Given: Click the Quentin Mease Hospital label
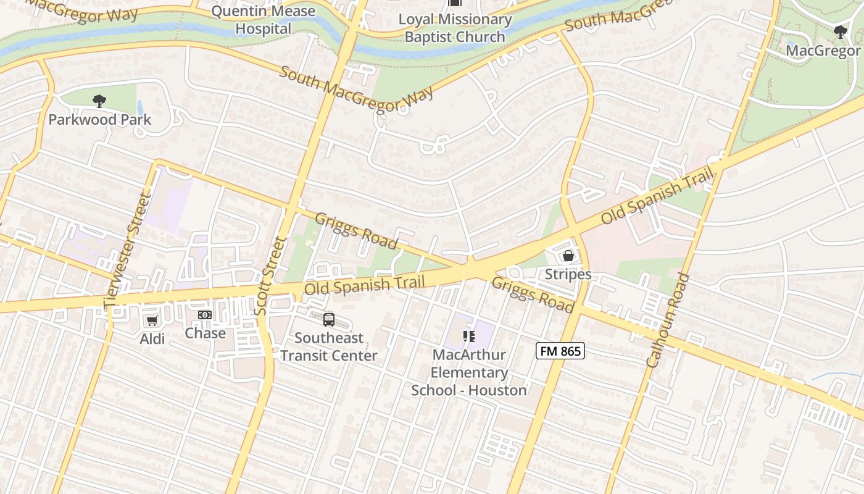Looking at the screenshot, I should pyautogui.click(x=263, y=20).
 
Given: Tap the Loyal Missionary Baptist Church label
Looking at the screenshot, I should pyautogui.click(x=455, y=28).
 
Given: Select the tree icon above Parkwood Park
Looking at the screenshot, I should pyautogui.click(x=99, y=101).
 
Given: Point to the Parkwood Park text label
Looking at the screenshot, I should pyautogui.click(x=99, y=120).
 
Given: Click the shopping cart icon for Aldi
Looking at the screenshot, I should pyautogui.click(x=152, y=320).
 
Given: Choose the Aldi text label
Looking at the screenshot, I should pyautogui.click(x=152, y=338).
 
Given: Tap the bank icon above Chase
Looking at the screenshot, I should pyautogui.click(x=205, y=316).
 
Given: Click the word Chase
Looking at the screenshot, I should pyautogui.click(x=205, y=333).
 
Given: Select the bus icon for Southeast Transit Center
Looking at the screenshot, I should pyautogui.click(x=329, y=320).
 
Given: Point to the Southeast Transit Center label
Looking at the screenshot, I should pyautogui.click(x=328, y=347).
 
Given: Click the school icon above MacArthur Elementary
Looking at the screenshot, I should pyautogui.click(x=469, y=337).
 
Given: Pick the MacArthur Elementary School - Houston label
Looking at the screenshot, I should pyautogui.click(x=469, y=372).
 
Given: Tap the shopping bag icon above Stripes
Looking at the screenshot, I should pyautogui.click(x=568, y=256).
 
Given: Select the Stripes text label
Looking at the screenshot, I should pyautogui.click(x=568, y=274).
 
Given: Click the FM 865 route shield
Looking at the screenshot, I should pyautogui.click(x=560, y=351).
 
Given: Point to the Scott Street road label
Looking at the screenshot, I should pyautogui.click(x=270, y=275).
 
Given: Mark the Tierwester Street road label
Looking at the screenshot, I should pyautogui.click(x=128, y=250).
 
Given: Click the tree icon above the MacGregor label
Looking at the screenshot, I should pyautogui.click(x=840, y=32).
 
